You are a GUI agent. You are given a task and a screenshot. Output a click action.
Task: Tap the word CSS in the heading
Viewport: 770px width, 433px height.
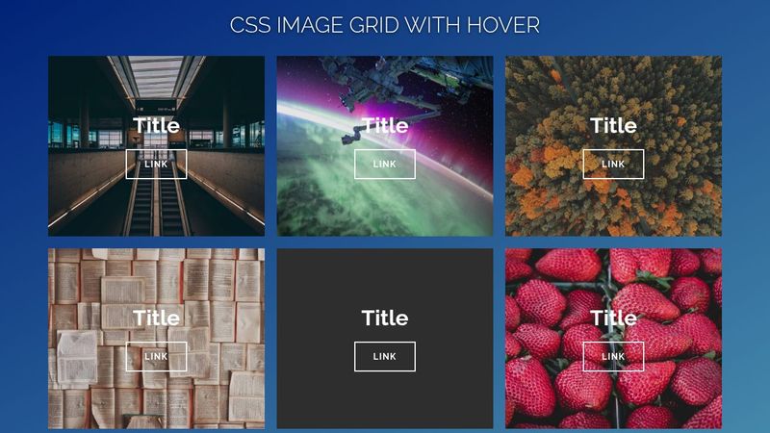click(x=250, y=25)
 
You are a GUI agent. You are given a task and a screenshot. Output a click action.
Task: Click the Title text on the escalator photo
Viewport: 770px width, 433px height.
click(x=156, y=125)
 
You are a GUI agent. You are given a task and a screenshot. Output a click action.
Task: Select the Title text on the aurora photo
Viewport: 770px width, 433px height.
click(x=385, y=125)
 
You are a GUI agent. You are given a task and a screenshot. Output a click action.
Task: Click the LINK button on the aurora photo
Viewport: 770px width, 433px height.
click(x=385, y=165)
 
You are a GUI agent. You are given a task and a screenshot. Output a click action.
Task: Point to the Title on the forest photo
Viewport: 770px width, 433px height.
click(x=613, y=125)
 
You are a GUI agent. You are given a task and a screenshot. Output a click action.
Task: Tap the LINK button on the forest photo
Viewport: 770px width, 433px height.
click(x=613, y=165)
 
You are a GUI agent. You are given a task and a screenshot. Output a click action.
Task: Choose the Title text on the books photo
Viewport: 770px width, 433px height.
click(x=156, y=318)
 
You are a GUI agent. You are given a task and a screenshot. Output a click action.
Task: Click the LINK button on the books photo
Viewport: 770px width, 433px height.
click(x=156, y=357)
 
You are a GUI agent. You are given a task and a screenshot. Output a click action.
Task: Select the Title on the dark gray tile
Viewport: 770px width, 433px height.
click(x=385, y=318)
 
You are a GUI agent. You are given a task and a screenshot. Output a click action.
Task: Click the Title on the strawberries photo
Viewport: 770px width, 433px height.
click(x=613, y=318)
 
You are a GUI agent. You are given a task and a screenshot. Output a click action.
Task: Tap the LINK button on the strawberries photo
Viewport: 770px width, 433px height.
click(x=613, y=357)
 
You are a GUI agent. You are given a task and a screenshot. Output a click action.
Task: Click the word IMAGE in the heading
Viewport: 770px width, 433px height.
click(x=314, y=25)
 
